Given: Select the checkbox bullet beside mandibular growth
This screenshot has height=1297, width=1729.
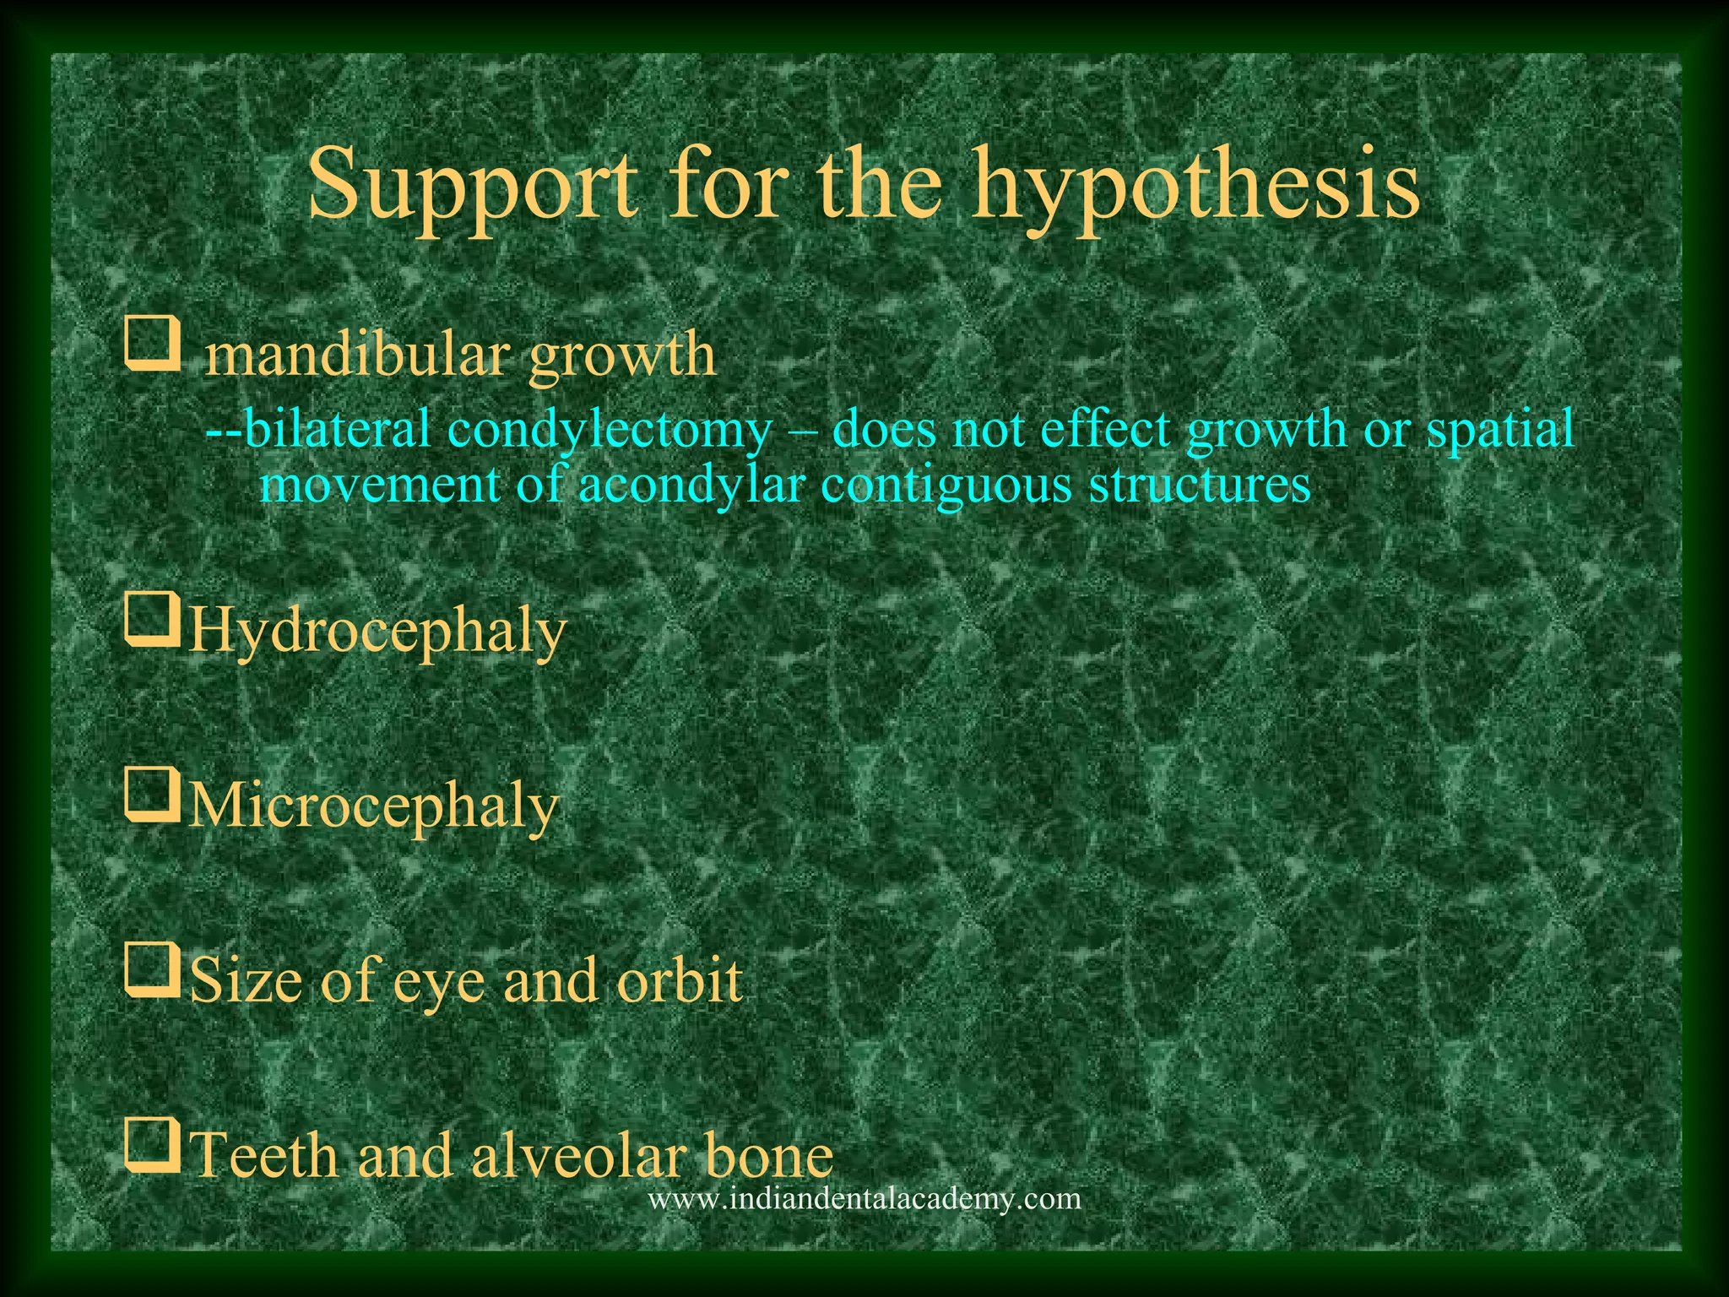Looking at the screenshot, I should pos(153,345).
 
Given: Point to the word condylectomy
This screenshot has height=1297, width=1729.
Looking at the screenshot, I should pos(609,430).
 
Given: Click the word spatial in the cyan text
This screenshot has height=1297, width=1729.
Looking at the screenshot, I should pos(1499,430).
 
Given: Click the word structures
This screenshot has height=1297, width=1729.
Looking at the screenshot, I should pos(1200,486).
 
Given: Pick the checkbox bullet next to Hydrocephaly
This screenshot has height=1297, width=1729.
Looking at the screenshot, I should pos(153,621).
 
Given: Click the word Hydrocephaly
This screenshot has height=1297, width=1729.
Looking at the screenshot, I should pos(377,632).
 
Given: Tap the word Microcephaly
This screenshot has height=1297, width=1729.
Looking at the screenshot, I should pos(373,806).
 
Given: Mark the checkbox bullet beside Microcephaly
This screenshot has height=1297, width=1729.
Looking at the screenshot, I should pos(153,795).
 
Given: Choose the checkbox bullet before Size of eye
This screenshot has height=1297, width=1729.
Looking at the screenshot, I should pos(153,970).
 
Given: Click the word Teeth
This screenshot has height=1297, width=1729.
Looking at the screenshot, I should pos(264,1154).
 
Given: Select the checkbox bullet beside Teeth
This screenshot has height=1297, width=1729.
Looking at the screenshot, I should pos(153,1145).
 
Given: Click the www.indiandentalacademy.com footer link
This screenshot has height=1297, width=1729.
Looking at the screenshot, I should pos(864,1198).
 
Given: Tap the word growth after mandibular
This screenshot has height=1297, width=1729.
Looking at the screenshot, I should pos(622,356).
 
